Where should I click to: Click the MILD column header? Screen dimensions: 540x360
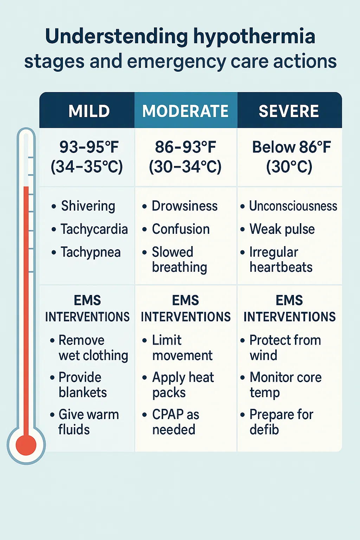(89, 111)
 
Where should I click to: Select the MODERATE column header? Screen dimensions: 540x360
(185, 111)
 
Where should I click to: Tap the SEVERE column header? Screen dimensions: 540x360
(289, 111)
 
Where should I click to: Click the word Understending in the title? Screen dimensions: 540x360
(116, 37)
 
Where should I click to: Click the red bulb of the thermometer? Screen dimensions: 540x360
(26, 445)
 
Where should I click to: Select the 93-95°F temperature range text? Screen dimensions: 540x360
(89, 147)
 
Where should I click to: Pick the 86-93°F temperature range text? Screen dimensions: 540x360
(185, 147)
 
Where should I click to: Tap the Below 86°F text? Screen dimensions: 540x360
(291, 147)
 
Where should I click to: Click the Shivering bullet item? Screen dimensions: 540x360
(88, 206)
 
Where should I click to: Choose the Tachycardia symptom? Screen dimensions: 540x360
(94, 229)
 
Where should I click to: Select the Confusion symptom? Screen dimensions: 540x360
(181, 229)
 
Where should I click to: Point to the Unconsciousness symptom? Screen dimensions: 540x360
(293, 206)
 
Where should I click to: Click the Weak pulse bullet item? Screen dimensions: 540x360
(282, 229)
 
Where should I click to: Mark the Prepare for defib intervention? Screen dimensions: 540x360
(281, 422)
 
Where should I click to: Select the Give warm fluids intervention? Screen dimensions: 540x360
(88, 422)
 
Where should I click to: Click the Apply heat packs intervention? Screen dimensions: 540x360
(183, 385)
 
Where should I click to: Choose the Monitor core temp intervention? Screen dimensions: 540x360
(285, 385)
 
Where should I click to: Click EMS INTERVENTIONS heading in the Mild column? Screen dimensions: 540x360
(87, 309)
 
